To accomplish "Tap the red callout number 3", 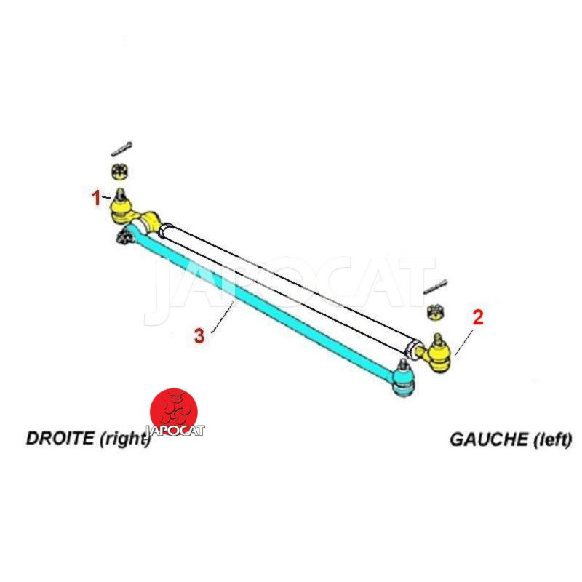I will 199,335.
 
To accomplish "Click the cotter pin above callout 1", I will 121,148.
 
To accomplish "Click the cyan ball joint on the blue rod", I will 403,382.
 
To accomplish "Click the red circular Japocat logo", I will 174,412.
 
